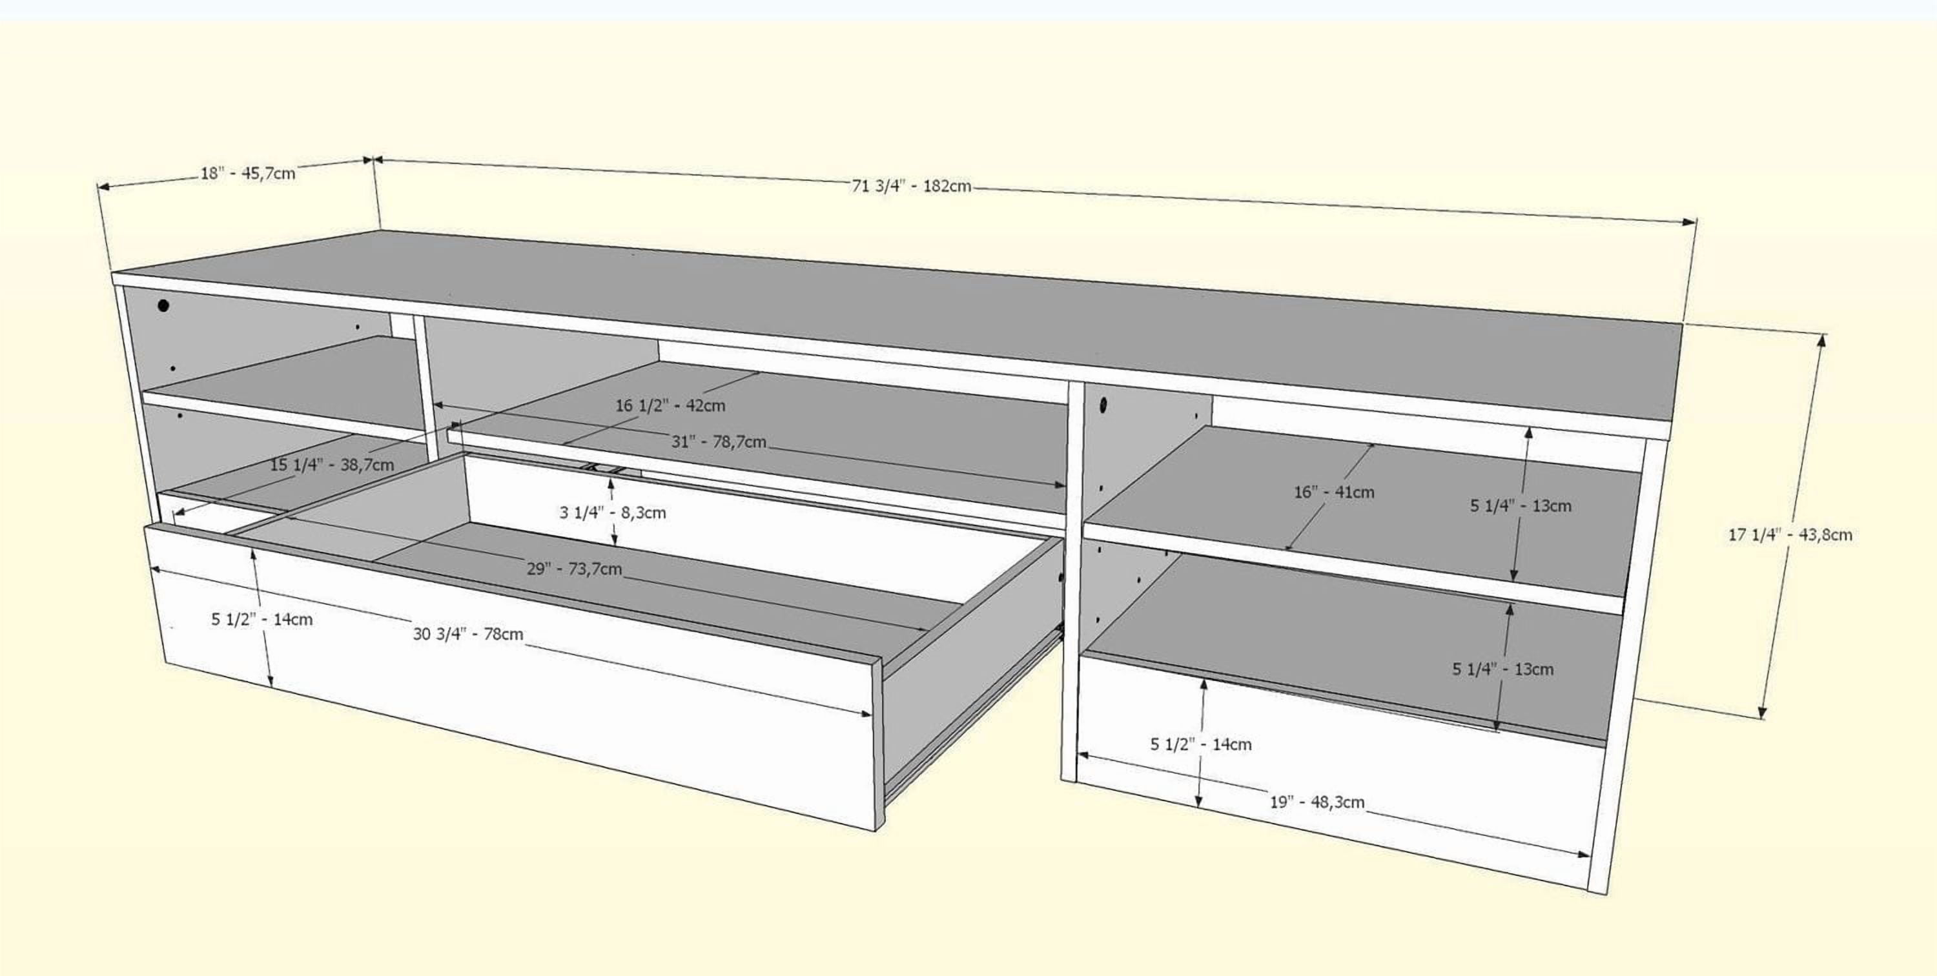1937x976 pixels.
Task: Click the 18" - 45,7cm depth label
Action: click(x=247, y=174)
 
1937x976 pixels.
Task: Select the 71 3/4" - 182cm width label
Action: click(x=911, y=186)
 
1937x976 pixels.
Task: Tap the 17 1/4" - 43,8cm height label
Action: click(x=1790, y=535)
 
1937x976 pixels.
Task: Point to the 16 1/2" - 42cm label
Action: click(x=670, y=406)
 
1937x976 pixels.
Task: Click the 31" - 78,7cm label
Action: click(x=718, y=442)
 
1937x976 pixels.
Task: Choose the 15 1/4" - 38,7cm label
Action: click(x=332, y=465)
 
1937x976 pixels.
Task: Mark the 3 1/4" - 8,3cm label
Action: click(x=612, y=513)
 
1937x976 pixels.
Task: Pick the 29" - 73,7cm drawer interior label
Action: click(x=574, y=569)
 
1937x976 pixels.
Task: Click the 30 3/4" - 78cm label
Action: click(x=467, y=634)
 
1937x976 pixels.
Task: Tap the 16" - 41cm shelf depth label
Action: click(x=1334, y=493)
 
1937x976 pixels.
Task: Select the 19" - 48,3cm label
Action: click(x=1317, y=802)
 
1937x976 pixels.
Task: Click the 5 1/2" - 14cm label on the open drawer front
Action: click(x=261, y=620)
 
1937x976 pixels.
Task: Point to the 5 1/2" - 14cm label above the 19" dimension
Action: click(x=1201, y=744)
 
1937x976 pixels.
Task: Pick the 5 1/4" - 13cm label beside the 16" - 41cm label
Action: click(x=1521, y=506)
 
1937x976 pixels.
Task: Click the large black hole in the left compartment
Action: click(x=163, y=305)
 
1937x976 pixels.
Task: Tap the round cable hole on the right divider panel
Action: click(x=1104, y=406)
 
